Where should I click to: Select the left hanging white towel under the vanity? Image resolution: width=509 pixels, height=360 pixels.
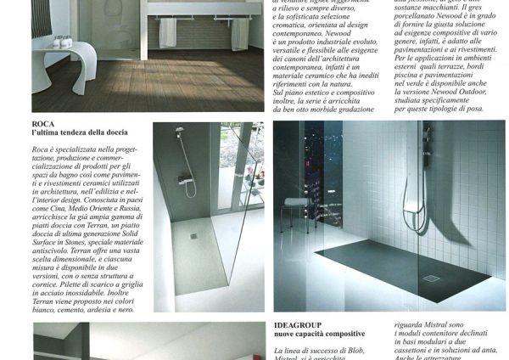[168, 32]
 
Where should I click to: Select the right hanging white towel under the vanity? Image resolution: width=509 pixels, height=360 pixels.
[241, 34]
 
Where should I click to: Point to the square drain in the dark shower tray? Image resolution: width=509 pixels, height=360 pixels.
[431, 278]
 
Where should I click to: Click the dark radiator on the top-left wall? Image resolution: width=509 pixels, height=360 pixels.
[41, 17]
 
